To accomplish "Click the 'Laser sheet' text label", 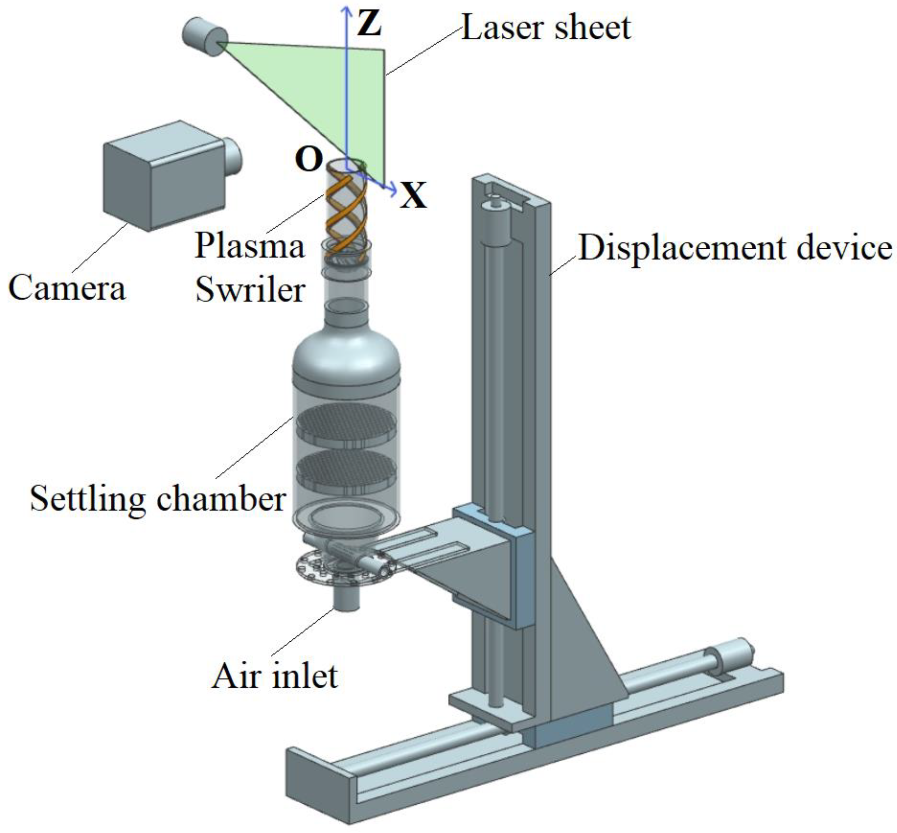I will pos(546,27).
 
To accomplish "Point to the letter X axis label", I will pos(413,195).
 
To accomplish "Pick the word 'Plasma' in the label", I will pos(250,246).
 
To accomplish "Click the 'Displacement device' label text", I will pos(734,248).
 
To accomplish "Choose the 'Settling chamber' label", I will pos(158,499).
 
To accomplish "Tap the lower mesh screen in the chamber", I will pos(346,471).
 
